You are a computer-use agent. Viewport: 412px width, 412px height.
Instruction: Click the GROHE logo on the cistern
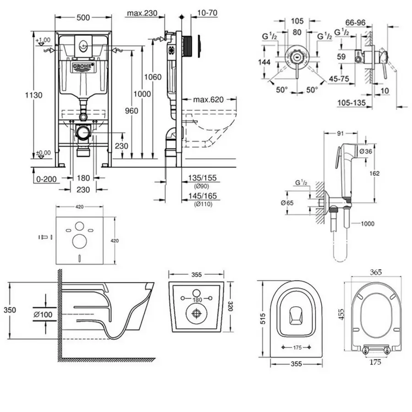pyautogui.click(x=83, y=68)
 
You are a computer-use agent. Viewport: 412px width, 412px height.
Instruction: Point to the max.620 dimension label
pyautogui.click(x=205, y=99)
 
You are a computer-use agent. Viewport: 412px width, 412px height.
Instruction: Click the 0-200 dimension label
pyautogui.click(x=46, y=179)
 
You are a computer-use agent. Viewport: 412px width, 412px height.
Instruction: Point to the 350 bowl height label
pyautogui.click(x=9, y=310)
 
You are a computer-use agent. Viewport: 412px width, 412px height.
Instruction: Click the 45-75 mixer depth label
pyautogui.click(x=339, y=78)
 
